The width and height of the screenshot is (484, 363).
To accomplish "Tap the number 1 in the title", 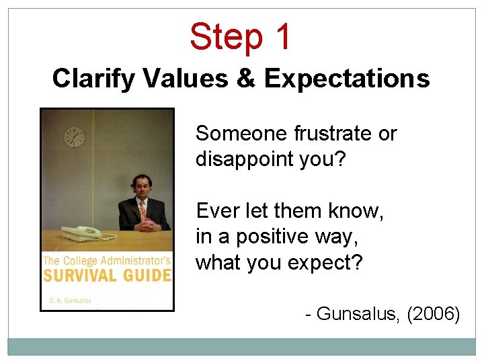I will [282, 37].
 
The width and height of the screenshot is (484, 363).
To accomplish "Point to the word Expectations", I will [347, 79].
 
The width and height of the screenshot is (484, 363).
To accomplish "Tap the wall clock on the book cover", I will [74, 137].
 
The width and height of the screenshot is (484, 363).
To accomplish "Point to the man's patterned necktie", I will [142, 211].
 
